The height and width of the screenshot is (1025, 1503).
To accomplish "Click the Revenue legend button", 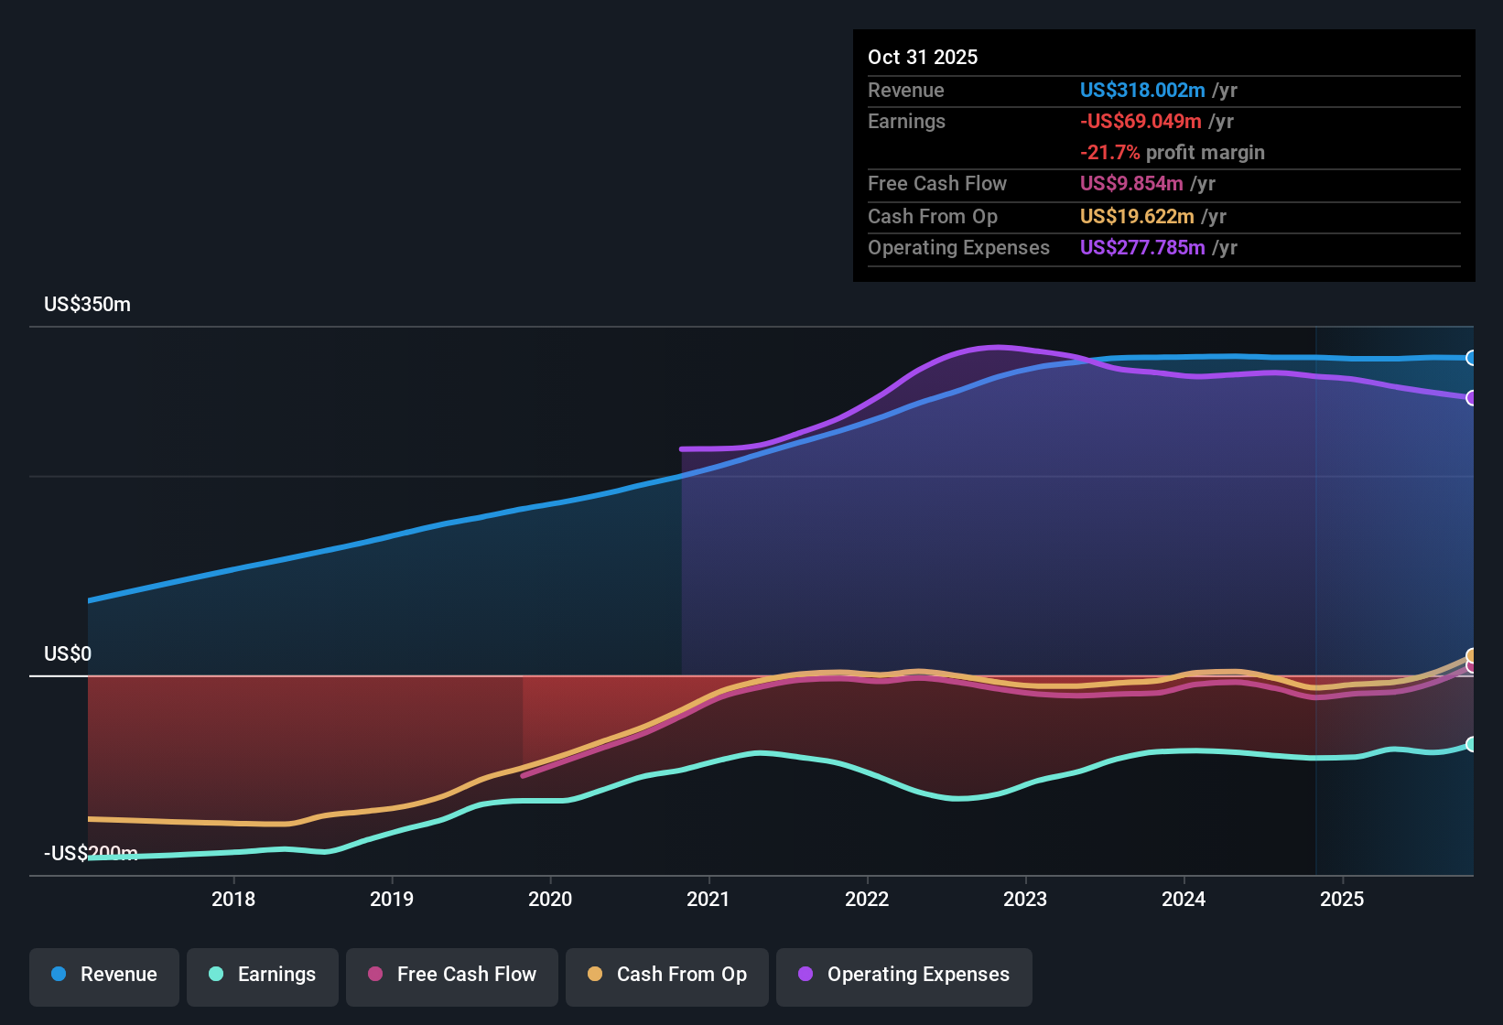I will [104, 975].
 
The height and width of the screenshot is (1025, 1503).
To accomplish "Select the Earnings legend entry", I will [263, 975].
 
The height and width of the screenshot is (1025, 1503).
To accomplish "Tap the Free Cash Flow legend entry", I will [452, 975].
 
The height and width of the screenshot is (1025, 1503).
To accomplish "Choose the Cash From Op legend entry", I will [667, 975].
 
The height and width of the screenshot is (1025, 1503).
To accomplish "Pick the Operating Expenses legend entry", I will [904, 975].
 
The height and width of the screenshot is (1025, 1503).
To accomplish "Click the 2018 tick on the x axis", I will [233, 899].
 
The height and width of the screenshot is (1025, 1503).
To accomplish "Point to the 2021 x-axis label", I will [708, 899].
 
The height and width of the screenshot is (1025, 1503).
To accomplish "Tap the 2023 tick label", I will [1025, 899].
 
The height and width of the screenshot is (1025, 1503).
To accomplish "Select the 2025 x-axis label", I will [1342, 899].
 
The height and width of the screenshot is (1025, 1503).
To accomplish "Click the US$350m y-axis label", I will [87, 305].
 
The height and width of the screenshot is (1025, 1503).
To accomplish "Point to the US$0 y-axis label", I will [68, 653].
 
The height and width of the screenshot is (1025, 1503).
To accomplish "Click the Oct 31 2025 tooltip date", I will [923, 57].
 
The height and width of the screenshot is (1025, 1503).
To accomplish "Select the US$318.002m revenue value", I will [1141, 90].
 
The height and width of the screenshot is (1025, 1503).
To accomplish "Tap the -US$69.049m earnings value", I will [1141, 121].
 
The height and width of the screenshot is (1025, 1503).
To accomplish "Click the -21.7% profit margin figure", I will [1109, 152].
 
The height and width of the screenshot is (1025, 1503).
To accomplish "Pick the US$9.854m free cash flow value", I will [1131, 183].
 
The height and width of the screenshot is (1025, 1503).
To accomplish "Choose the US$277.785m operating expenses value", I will [1141, 247].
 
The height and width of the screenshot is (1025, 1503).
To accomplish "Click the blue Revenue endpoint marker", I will [1471, 358].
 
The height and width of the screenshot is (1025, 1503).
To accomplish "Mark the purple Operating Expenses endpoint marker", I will [1471, 398].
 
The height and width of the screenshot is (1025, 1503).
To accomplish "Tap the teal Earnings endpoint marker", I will [1471, 744].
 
